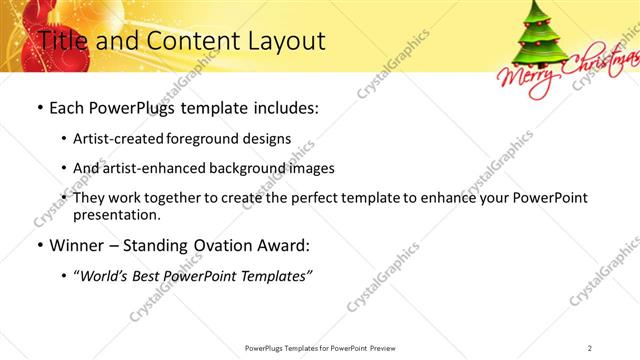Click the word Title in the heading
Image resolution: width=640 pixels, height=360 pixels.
click(x=62, y=41)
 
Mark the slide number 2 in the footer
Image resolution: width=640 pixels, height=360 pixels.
click(x=590, y=347)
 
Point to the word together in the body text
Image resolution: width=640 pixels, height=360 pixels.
click(x=178, y=197)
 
